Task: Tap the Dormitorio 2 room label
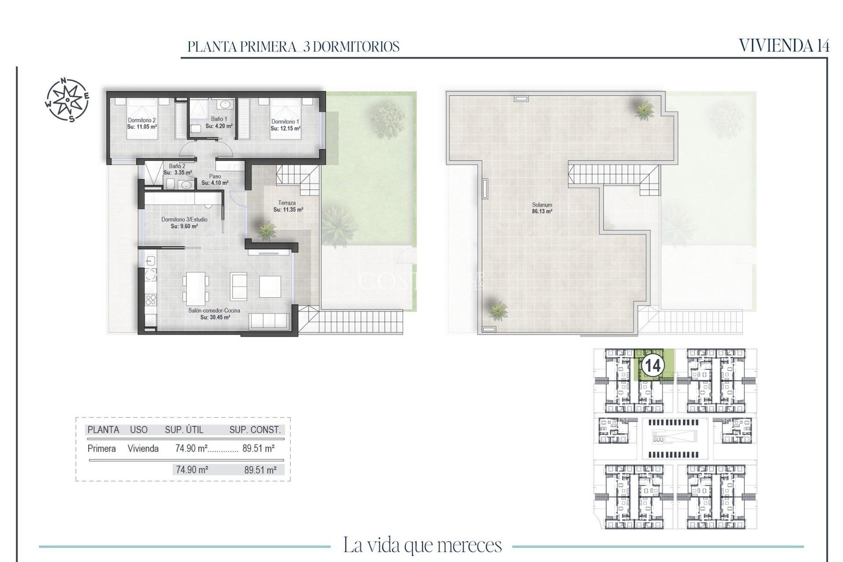[142, 120]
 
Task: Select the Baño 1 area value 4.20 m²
[219, 126]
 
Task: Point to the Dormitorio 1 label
[285, 122]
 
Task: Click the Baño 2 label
[177, 166]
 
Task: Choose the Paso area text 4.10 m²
[215, 183]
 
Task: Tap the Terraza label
[287, 203]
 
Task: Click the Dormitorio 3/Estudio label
[184, 220]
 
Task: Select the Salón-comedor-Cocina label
[214, 310]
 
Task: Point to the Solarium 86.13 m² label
[542, 208]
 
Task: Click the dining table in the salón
[196, 288]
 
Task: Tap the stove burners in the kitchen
[151, 300]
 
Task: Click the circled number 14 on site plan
[652, 365]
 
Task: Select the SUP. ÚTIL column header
[184, 430]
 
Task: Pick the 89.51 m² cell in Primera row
[259, 448]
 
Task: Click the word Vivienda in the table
[143, 448]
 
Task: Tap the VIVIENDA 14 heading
[784, 46]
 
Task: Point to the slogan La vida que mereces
[422, 545]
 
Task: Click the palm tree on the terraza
[266, 230]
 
